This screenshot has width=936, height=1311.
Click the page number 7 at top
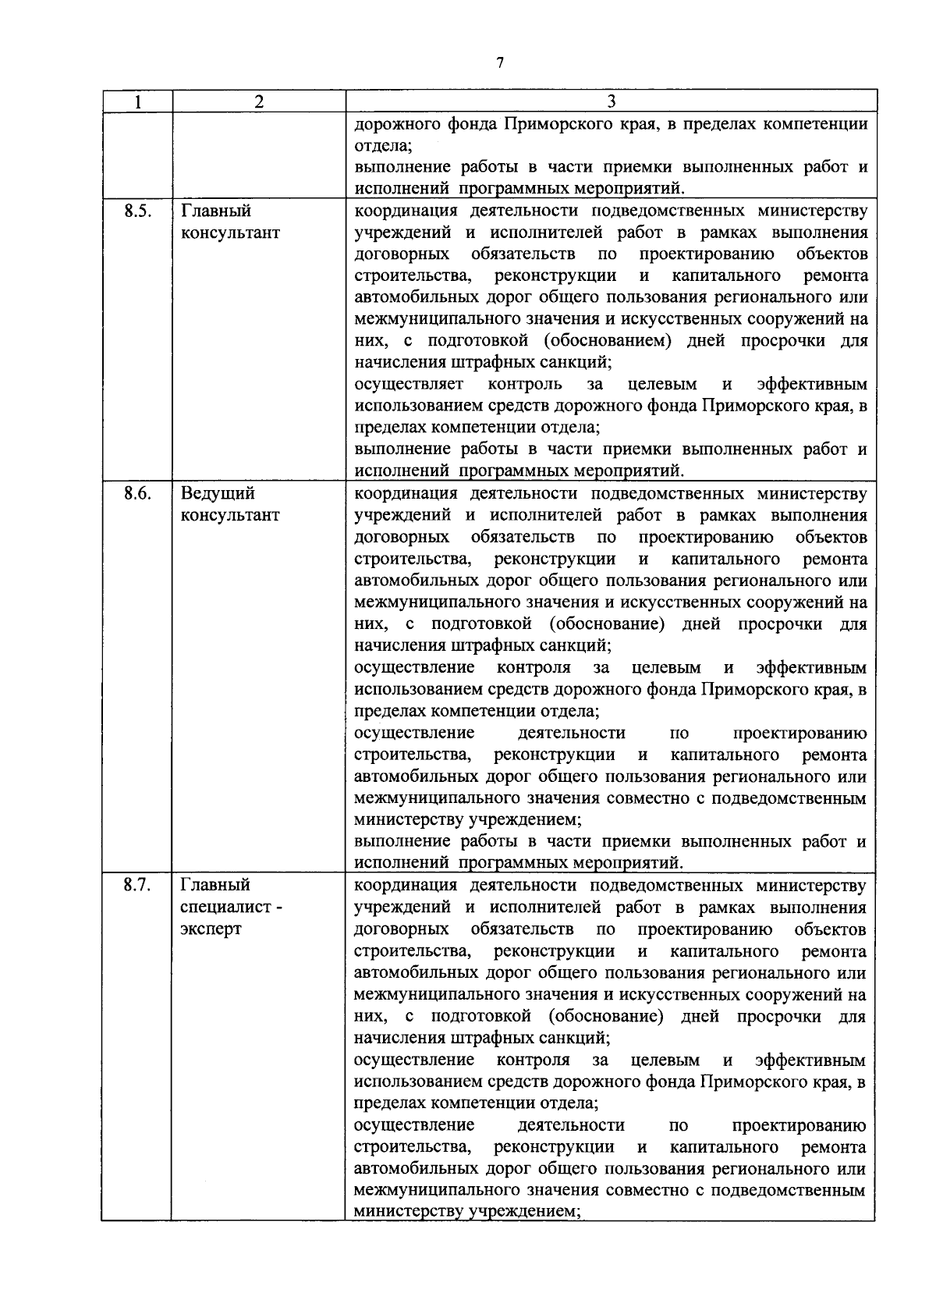pyautogui.click(x=499, y=63)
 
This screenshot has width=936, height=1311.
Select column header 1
pyautogui.click(x=137, y=101)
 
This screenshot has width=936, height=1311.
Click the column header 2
pyautogui.click(x=259, y=101)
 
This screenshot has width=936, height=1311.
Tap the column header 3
pyautogui.click(x=612, y=101)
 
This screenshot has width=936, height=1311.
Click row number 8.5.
pyautogui.click(x=136, y=211)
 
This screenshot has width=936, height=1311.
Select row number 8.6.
pyautogui.click(x=136, y=493)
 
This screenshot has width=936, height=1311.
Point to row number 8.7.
pyautogui.click(x=136, y=885)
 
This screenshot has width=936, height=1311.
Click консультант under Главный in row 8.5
pyautogui.click(x=229, y=233)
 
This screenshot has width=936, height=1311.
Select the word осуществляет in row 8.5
pyautogui.click(x=409, y=385)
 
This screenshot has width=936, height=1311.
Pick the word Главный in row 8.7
pyautogui.click(x=215, y=885)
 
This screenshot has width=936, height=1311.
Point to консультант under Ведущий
pyautogui.click(x=229, y=515)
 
